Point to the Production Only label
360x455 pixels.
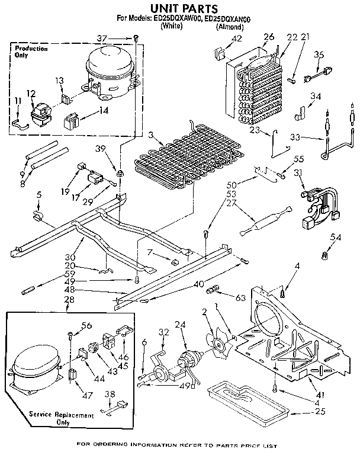[31, 52]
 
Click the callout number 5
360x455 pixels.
[38, 194]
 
